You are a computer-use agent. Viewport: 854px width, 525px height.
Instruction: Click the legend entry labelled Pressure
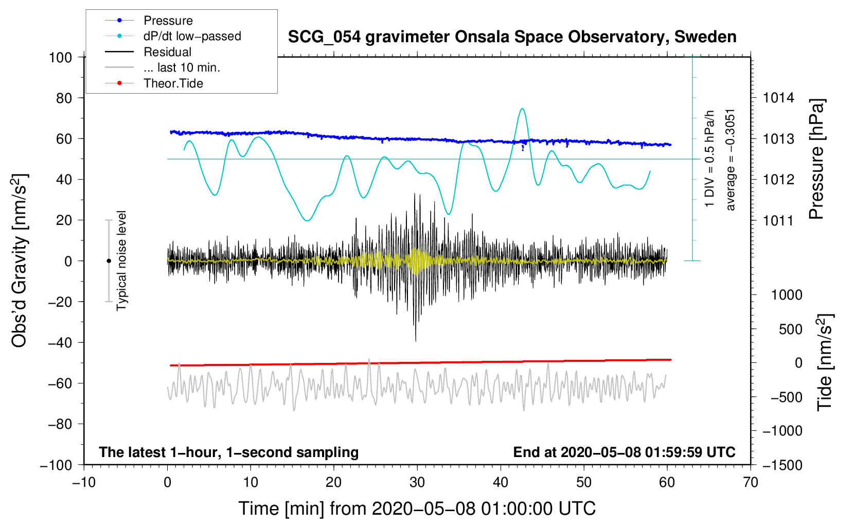(168, 21)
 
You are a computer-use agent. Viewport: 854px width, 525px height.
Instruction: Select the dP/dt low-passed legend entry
(192, 36)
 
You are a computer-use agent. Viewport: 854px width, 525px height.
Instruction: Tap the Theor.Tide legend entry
(173, 83)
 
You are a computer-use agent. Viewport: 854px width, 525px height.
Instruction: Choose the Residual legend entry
(167, 52)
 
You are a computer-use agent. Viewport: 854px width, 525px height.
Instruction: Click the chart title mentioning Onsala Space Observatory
(512, 37)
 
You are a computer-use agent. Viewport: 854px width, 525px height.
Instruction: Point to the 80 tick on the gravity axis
(64, 98)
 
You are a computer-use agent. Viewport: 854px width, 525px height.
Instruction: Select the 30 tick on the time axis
(417, 482)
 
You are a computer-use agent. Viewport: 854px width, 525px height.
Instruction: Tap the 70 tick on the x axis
(751, 482)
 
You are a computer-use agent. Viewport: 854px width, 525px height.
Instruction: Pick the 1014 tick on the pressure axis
(778, 98)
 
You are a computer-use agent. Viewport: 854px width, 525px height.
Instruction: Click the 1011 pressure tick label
(778, 221)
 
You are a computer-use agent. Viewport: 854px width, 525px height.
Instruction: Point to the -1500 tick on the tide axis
(782, 465)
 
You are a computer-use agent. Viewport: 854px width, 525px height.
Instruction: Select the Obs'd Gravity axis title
(20, 260)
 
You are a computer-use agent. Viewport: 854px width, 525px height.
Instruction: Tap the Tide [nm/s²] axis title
(825, 362)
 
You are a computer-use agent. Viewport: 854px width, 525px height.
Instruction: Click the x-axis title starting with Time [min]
(417, 509)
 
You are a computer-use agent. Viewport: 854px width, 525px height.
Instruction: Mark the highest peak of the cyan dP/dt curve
(522, 109)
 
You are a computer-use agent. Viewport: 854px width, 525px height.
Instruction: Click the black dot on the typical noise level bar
(109, 261)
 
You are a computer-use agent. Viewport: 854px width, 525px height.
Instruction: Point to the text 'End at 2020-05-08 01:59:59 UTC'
(624, 452)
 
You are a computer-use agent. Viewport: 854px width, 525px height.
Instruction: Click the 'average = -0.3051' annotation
(731, 160)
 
